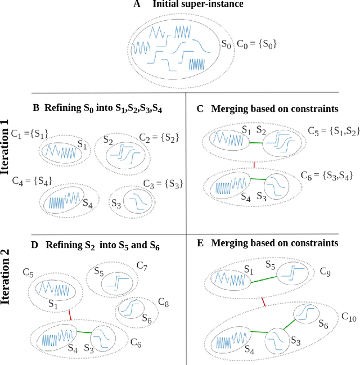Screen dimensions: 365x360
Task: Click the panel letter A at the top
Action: [137, 5]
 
